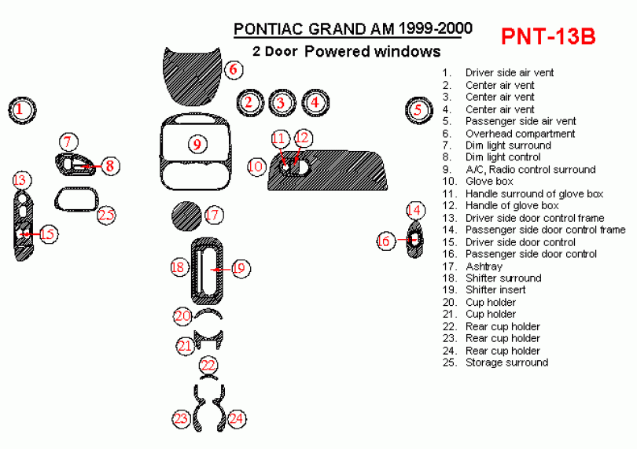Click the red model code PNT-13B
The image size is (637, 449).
coord(548,36)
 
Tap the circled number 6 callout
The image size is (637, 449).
coord(234,69)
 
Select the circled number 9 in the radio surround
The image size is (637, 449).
coord(197,144)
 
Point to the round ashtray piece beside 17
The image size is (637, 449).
coord(186,215)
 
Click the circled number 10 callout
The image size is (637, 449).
coord(256,167)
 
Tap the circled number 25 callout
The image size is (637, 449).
coord(106,215)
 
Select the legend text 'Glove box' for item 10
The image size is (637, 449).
coord(489,181)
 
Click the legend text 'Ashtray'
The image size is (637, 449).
coord(484,266)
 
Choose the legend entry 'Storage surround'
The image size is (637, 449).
coord(506,363)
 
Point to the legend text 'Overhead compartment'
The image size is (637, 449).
coord(520,134)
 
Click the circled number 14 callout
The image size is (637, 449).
coord(414,210)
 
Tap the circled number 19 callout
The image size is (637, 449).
coord(241,268)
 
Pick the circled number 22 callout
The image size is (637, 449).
coord(208,365)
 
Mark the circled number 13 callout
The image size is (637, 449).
coord(20,180)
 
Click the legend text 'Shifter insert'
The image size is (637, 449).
coord(495,289)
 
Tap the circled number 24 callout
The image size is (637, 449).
coord(236,418)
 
